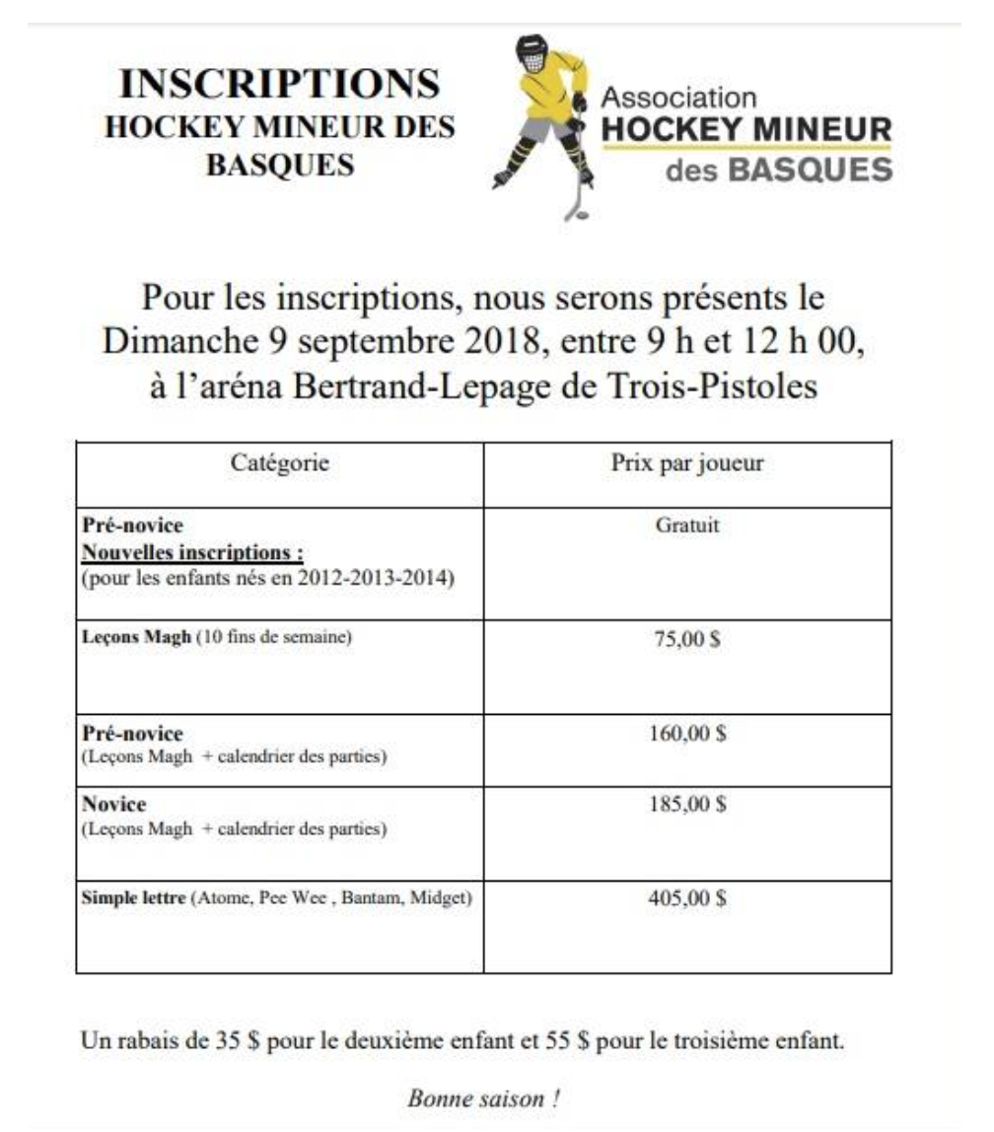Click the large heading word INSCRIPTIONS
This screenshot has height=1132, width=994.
pos(279,85)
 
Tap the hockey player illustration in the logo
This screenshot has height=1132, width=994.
pos(541,123)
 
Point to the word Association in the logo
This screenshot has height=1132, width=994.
pos(678,99)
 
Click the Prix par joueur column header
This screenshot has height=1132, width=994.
pos(687,463)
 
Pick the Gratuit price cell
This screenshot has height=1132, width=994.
pos(687,526)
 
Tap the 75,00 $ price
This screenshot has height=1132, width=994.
pos(687,639)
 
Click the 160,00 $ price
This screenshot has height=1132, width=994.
pos(687,735)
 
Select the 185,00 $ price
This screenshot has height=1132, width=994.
pos(687,805)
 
